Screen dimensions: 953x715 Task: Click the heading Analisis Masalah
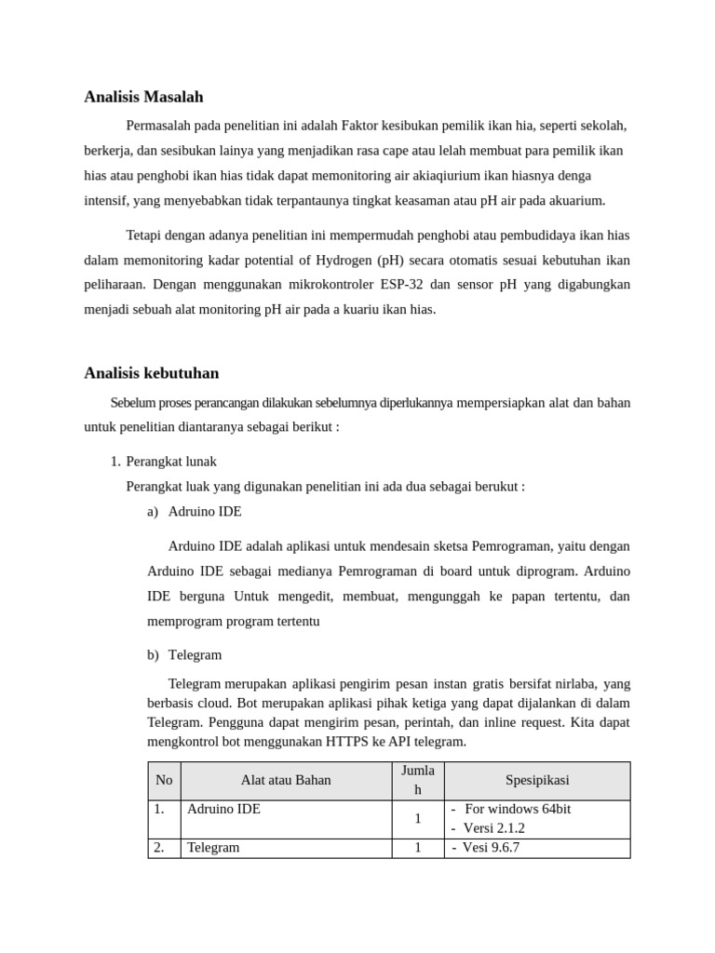pos(143,97)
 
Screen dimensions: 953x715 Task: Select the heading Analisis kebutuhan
pos(151,373)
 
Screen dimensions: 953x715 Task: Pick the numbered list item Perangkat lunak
pos(171,462)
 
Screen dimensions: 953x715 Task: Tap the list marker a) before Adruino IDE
pos(153,512)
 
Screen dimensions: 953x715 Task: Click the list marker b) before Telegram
pos(153,655)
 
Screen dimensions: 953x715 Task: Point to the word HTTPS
pos(347,742)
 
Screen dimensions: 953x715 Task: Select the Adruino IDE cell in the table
pos(223,810)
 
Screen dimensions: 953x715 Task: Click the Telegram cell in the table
pos(213,848)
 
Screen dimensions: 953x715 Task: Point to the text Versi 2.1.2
pos(493,828)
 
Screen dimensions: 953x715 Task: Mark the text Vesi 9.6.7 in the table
pos(491,848)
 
